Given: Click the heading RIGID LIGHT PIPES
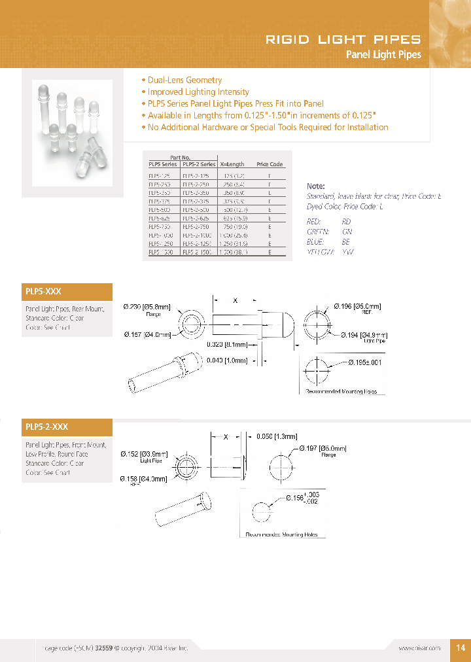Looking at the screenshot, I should (x=343, y=39).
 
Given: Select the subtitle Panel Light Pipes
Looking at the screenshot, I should (x=383, y=55).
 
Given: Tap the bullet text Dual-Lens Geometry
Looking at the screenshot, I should (x=184, y=80).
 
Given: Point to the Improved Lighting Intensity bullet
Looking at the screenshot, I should (x=198, y=92).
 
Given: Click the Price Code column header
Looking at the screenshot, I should (x=269, y=164).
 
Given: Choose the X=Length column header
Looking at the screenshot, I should (x=232, y=164).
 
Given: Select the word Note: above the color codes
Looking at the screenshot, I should (x=316, y=186).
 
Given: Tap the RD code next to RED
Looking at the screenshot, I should (x=347, y=222).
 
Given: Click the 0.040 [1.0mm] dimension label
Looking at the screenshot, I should (x=227, y=360).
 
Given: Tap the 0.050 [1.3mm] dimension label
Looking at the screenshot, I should (x=277, y=436).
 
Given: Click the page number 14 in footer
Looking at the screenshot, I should (x=460, y=647).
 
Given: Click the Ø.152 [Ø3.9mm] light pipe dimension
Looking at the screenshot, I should (x=145, y=454).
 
